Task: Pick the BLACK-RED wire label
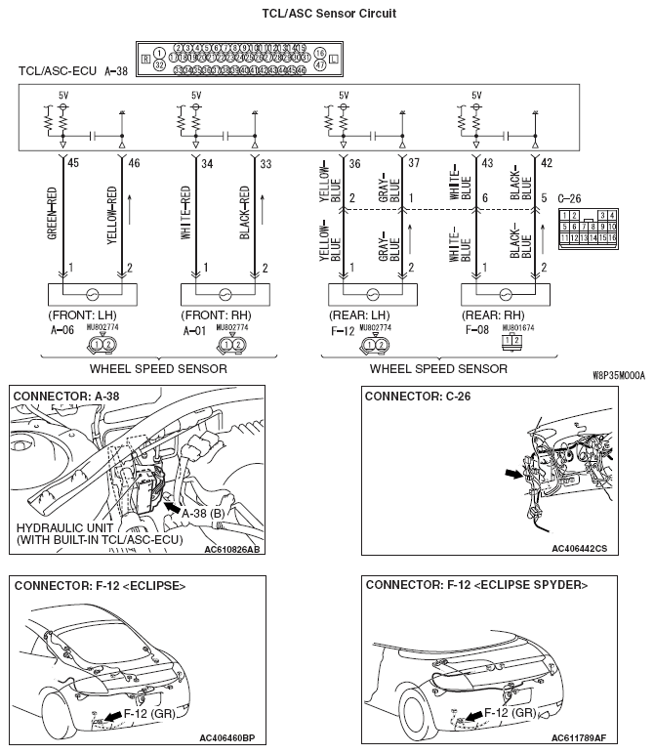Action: [244, 213]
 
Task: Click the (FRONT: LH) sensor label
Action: [82, 316]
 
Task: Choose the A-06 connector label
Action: [61, 330]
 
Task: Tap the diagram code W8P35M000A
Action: [618, 374]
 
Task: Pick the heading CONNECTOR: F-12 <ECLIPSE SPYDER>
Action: [476, 585]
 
